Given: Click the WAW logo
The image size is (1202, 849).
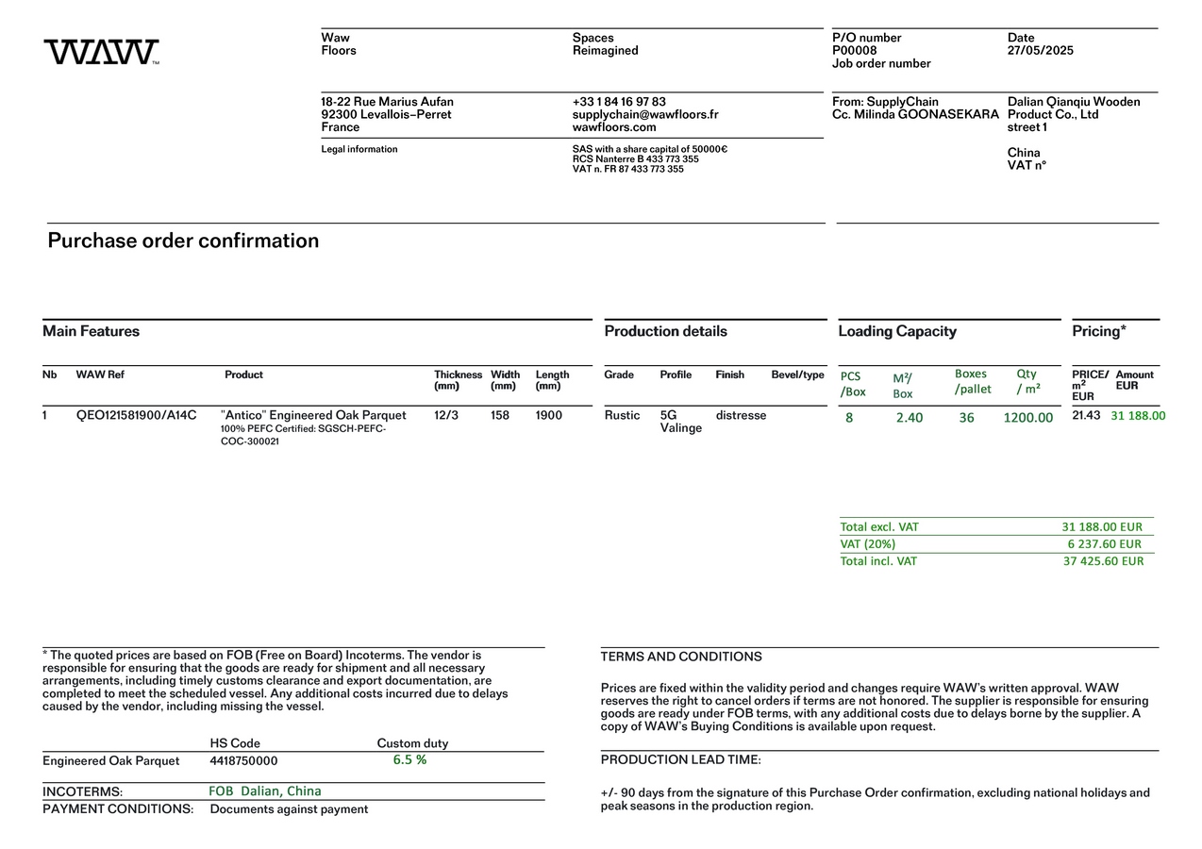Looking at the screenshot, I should point(101,52).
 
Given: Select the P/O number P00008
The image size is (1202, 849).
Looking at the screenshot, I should point(854,51).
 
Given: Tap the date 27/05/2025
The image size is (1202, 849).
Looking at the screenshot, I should point(1040,51).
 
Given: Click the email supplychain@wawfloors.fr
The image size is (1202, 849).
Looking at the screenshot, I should point(644,114).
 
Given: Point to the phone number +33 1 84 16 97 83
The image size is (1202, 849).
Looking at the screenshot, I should point(618,102).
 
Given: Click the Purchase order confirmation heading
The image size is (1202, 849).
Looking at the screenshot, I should point(183,241).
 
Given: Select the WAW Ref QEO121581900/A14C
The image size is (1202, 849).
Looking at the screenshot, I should point(136,415).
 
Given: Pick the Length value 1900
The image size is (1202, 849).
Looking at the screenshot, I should point(548,415).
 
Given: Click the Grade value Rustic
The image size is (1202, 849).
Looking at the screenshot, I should point(622,415).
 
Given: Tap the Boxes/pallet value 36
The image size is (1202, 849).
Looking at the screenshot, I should point(966,418).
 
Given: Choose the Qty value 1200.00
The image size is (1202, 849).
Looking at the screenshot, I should point(1027,418).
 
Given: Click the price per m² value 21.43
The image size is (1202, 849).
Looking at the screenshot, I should point(1086,415).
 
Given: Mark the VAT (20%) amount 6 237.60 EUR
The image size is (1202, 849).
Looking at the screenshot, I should point(1104,544).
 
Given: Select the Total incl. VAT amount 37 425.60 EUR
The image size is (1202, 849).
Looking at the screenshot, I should point(1103,561).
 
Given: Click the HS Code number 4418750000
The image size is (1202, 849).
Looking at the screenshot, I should point(243,761).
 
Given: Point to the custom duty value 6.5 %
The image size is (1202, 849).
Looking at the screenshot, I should point(409,759).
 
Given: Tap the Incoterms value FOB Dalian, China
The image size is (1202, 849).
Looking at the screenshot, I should point(264,791).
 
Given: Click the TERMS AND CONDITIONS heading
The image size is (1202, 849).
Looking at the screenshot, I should point(680,657).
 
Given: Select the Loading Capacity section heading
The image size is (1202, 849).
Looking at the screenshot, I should point(896,331).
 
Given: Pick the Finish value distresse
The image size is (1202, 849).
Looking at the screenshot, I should point(741,415).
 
